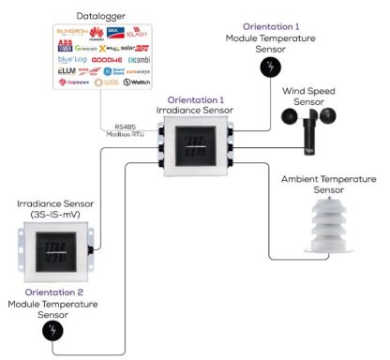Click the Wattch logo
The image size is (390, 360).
(x=136, y=82)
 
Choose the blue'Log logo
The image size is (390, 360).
(x=58, y=58)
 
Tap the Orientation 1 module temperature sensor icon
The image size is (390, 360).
(x=270, y=67)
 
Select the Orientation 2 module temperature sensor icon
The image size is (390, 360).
(x=54, y=331)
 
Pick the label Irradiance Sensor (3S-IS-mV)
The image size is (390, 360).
(x=55, y=208)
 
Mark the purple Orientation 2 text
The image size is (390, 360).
(x=54, y=292)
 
